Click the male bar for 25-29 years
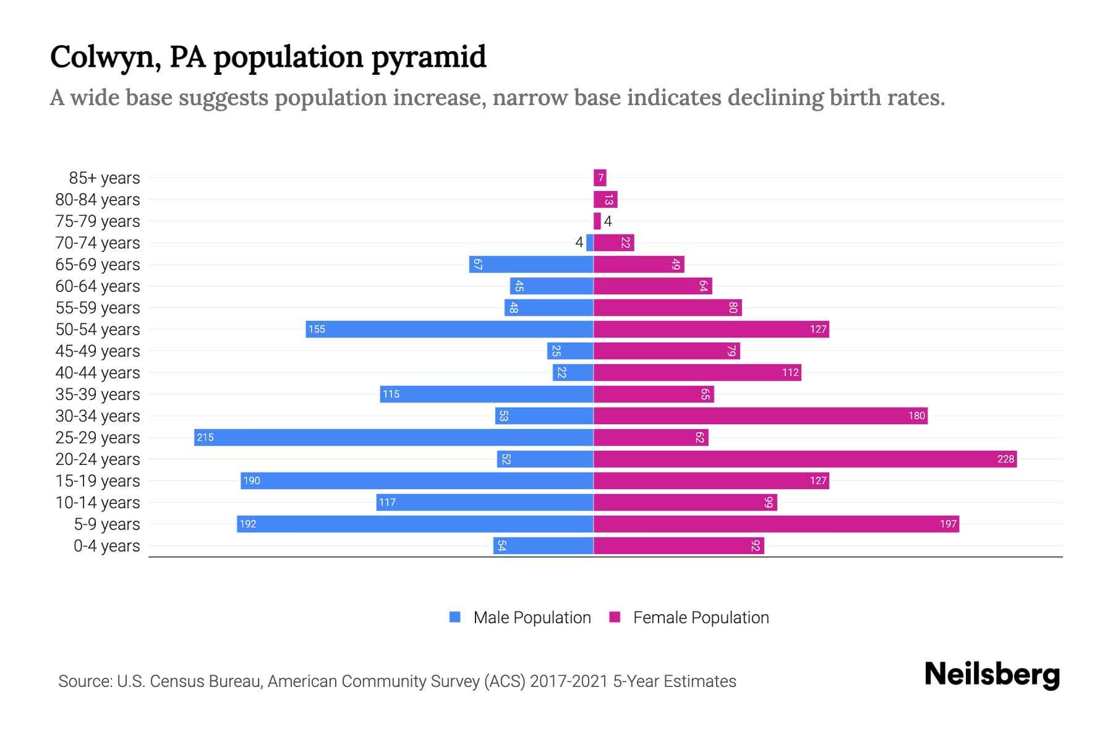click(x=393, y=437)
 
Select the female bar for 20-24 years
click(x=804, y=459)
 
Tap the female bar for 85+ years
click(x=600, y=178)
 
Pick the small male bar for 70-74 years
click(x=590, y=242)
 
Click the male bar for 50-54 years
click(x=450, y=329)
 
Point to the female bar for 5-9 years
click(x=776, y=524)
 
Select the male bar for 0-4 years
click(x=543, y=545)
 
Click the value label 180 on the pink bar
click(x=916, y=416)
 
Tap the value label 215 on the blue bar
click(x=205, y=437)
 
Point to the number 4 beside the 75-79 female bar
click(x=608, y=221)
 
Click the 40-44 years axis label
click(x=98, y=372)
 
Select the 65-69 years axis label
click(x=98, y=264)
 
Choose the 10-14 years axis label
click(x=98, y=502)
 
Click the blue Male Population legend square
click(x=455, y=617)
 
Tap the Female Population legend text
click(x=701, y=617)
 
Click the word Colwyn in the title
click(x=102, y=57)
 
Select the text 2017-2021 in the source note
click(x=569, y=681)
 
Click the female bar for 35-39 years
click(x=654, y=394)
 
